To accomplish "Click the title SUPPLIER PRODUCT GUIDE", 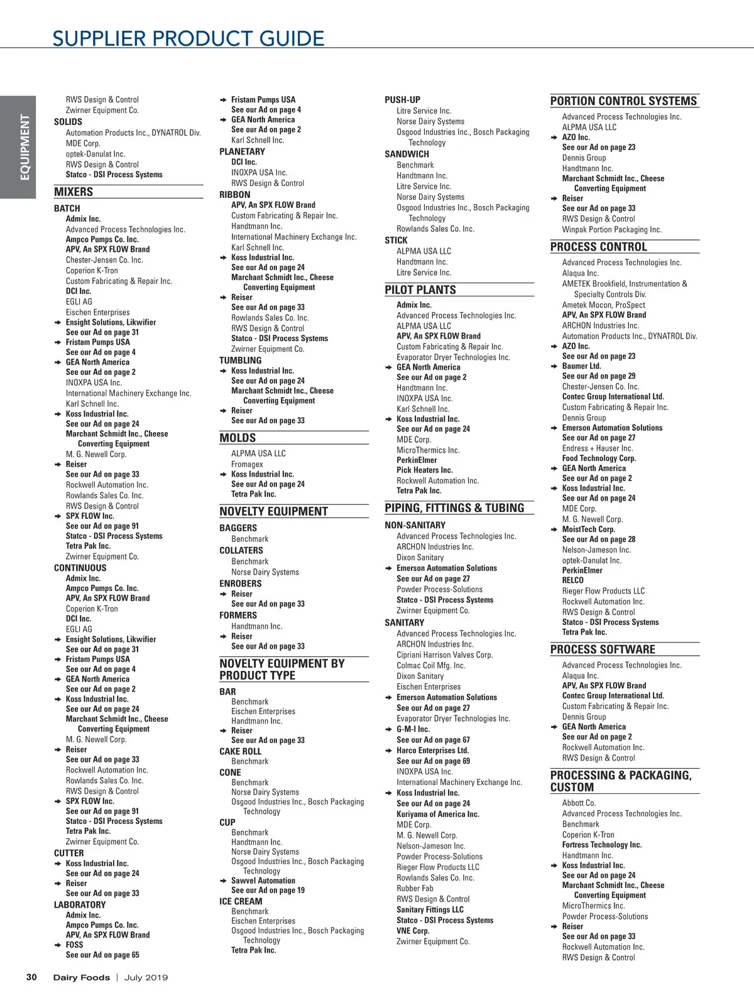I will pyautogui.click(x=188, y=39).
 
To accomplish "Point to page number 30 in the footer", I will pyautogui.click(x=31, y=977).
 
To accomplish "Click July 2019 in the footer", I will pyautogui.click(x=146, y=977).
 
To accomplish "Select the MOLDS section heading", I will pyautogui.click(x=238, y=438).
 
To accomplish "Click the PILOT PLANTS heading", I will pyautogui.click(x=420, y=290).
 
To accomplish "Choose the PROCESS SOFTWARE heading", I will pyautogui.click(x=603, y=649).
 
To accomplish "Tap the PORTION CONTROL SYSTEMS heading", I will pyautogui.click(x=623, y=101).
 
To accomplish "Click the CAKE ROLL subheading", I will pyautogui.click(x=240, y=751).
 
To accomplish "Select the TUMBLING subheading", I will pyautogui.click(x=240, y=361).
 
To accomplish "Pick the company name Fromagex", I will pyautogui.click(x=247, y=464).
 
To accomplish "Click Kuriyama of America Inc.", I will pyautogui.click(x=437, y=814).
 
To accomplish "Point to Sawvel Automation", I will pyautogui.click(x=263, y=881).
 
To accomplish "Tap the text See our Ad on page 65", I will pyautogui.click(x=102, y=955).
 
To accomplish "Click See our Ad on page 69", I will pyautogui.click(x=433, y=761).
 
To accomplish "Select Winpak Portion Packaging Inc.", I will pyautogui.click(x=611, y=229).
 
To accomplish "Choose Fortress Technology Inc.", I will pyautogui.click(x=601, y=845).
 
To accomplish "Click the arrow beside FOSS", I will pyautogui.click(x=58, y=945).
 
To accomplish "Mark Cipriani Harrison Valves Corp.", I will pyautogui.click(x=444, y=654).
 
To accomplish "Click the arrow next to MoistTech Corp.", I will pyautogui.click(x=554, y=529).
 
